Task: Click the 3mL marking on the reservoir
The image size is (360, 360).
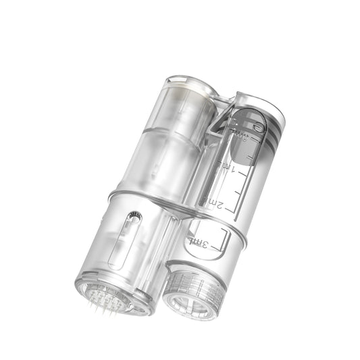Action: coord(201,241)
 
